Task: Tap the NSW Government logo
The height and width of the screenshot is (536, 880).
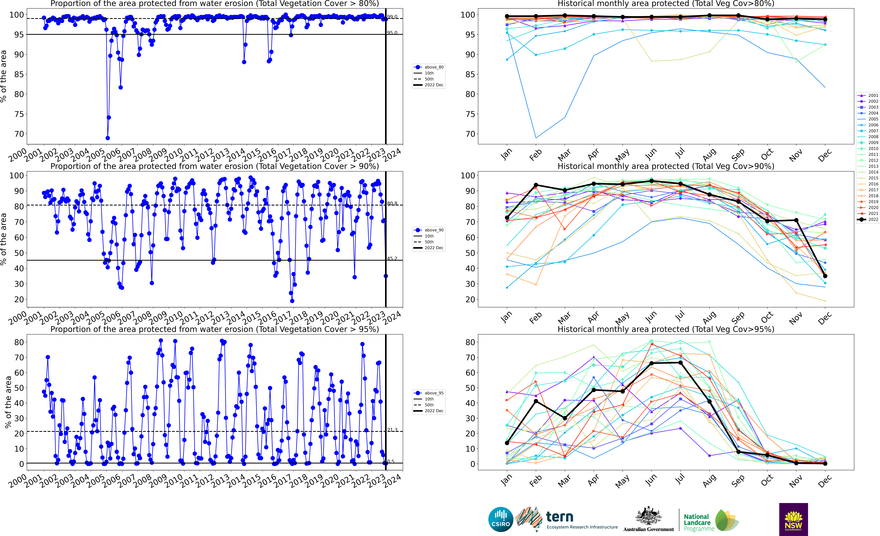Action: pos(793,519)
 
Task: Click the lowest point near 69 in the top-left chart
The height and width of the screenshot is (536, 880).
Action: pos(108,138)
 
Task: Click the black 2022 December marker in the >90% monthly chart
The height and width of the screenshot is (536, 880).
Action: pos(825,276)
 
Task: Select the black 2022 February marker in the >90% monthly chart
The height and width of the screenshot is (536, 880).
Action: pos(536,185)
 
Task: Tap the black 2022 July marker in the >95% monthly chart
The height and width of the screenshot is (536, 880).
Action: pos(680,363)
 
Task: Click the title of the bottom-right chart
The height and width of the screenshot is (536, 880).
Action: pos(666,329)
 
